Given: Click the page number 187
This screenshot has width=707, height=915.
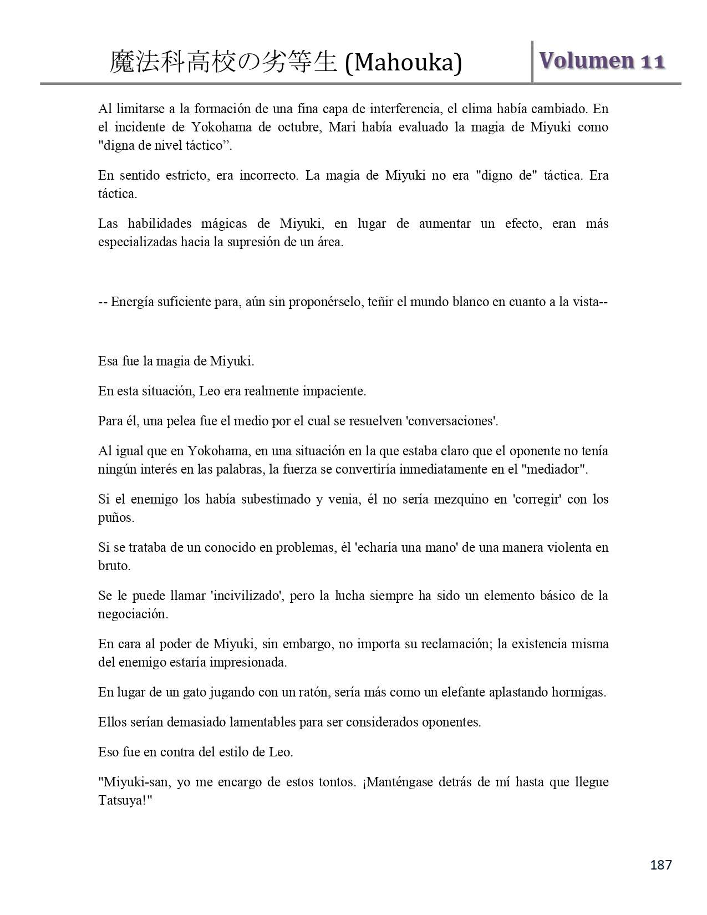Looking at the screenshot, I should [x=660, y=865].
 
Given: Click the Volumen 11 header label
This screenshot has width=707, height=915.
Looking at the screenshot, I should [x=601, y=61].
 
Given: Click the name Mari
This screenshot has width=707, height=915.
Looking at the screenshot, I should [x=343, y=127].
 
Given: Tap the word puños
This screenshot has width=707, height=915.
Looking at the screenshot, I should [x=115, y=518].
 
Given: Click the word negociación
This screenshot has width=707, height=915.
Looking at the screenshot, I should [x=133, y=614].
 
